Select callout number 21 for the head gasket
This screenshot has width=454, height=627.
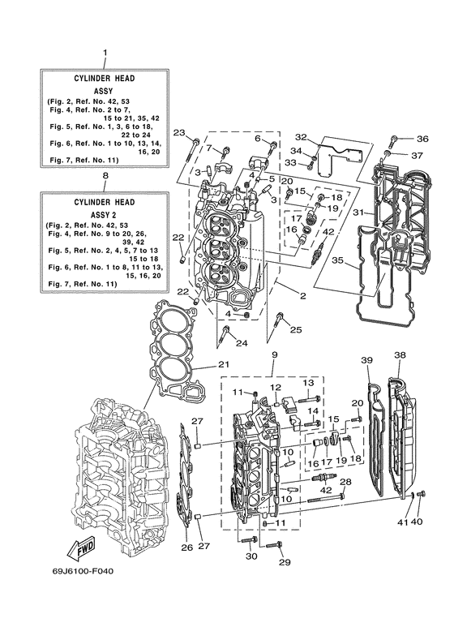[224, 365]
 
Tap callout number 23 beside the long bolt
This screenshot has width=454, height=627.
[179, 132]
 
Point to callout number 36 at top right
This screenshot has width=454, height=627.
[422, 139]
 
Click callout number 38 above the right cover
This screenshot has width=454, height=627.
[400, 355]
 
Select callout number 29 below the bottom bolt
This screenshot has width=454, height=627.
[284, 563]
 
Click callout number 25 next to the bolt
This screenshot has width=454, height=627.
[296, 329]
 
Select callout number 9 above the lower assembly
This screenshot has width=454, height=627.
[274, 354]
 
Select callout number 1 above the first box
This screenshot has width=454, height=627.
[104, 54]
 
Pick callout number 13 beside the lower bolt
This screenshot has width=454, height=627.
[308, 382]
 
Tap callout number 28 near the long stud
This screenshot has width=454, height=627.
[345, 482]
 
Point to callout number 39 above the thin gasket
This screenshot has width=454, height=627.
[366, 360]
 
